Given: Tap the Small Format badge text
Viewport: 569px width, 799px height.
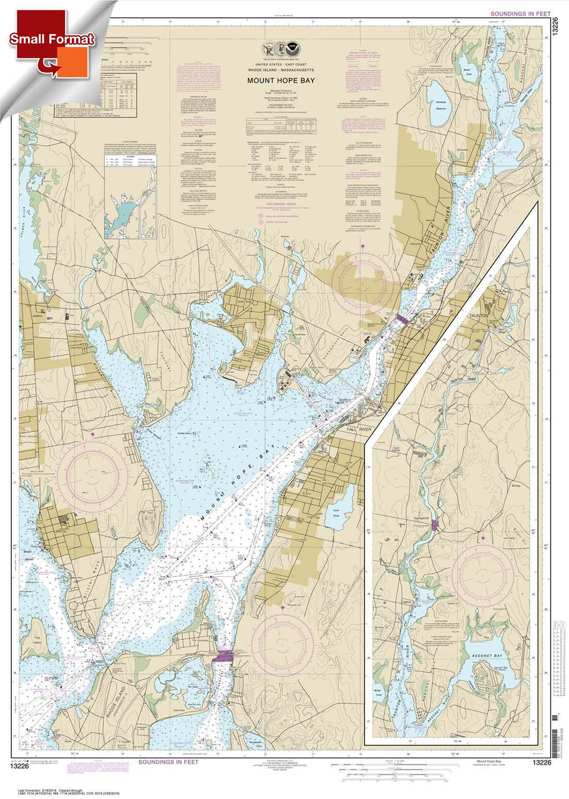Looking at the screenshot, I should (x=52, y=39).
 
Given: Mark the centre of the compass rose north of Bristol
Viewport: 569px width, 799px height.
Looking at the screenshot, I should (x=93, y=476).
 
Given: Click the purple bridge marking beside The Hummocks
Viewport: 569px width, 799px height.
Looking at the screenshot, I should (x=223, y=656).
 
